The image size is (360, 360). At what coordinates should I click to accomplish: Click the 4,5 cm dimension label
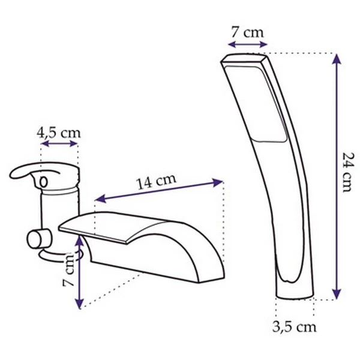click(x=59, y=133)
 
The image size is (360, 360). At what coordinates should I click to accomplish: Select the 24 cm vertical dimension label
click(x=348, y=172)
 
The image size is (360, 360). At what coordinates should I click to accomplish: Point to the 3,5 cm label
click(x=295, y=326)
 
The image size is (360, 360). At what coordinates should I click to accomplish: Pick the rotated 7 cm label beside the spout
click(x=68, y=269)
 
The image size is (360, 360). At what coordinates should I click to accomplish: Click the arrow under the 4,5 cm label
click(x=59, y=144)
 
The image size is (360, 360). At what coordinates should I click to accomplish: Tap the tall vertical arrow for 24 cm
click(x=337, y=176)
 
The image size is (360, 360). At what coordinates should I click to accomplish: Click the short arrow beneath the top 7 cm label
click(x=247, y=44)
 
